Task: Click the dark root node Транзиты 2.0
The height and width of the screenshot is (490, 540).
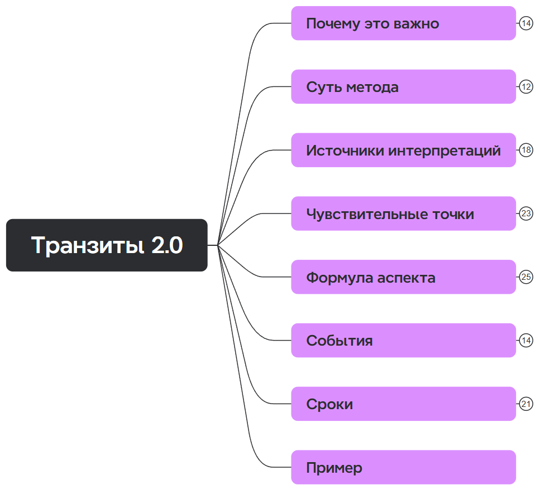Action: pyautogui.click(x=107, y=245)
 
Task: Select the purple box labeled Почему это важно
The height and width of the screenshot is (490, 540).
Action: pyautogui.click(x=403, y=23)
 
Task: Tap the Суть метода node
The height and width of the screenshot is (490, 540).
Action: pyautogui.click(x=403, y=87)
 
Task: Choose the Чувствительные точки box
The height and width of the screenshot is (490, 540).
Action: pyautogui.click(x=403, y=214)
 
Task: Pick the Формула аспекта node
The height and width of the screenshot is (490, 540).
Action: pyautogui.click(x=403, y=277)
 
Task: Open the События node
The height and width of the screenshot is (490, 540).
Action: pyautogui.click(x=403, y=341)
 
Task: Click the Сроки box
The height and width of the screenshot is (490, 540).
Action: pyautogui.click(x=403, y=404)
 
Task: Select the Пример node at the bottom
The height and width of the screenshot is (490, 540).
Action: pyautogui.click(x=403, y=468)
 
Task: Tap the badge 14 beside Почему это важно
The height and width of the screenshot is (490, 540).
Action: pyautogui.click(x=526, y=23)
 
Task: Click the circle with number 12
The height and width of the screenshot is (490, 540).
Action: pyautogui.click(x=526, y=87)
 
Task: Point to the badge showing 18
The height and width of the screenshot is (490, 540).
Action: pyautogui.click(x=526, y=151)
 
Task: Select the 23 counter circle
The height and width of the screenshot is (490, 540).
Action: pyautogui.click(x=526, y=214)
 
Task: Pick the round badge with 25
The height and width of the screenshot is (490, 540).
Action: pyautogui.click(x=526, y=277)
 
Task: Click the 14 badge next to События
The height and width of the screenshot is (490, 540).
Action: pyautogui.click(x=526, y=341)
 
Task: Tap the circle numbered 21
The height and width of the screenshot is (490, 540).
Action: pyautogui.click(x=526, y=404)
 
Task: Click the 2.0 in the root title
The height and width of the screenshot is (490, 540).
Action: pyautogui.click(x=167, y=246)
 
